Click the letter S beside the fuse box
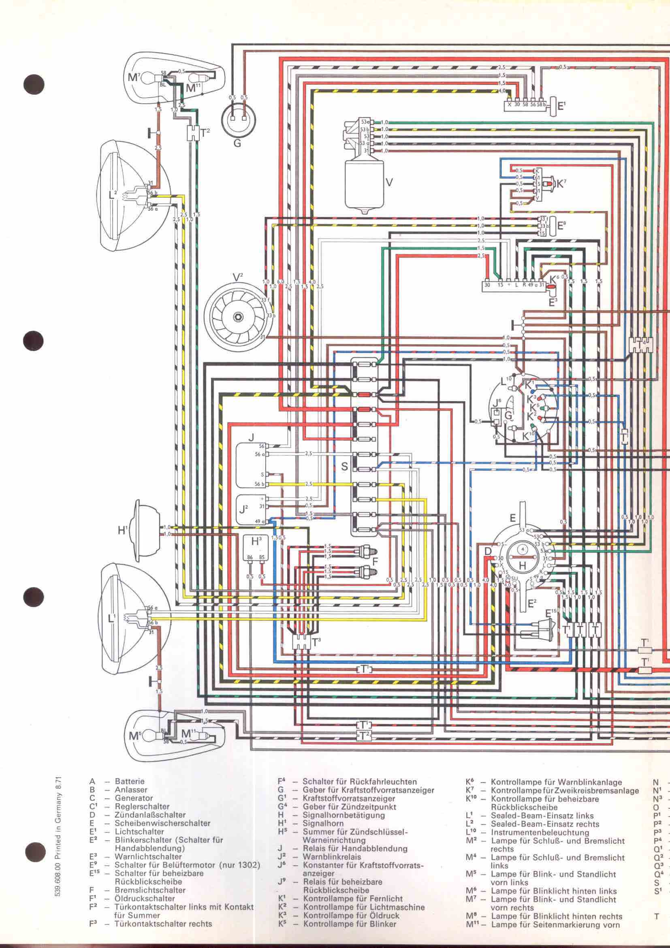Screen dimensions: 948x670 click(x=344, y=467)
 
